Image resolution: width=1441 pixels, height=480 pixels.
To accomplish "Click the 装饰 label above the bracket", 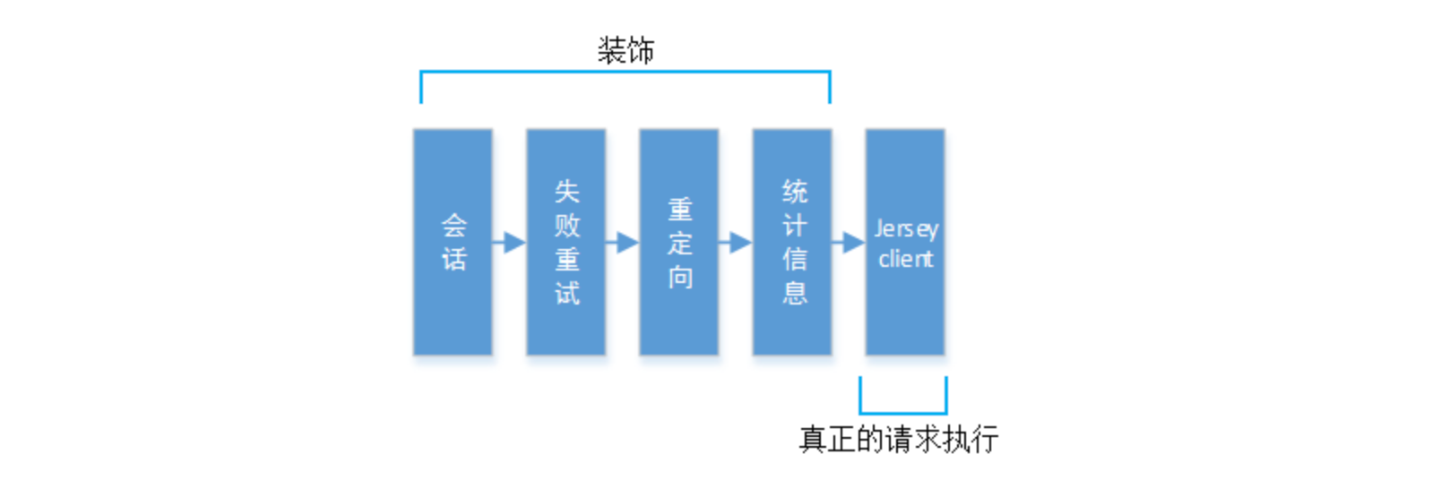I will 626,50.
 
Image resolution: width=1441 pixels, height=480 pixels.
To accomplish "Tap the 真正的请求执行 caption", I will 898,440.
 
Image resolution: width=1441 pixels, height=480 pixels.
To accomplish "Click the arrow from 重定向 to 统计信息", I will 736,242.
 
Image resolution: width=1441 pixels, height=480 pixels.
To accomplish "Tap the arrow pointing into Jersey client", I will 849,242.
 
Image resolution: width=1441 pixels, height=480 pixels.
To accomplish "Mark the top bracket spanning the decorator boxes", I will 626,73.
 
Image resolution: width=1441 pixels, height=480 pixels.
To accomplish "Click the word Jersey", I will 906,229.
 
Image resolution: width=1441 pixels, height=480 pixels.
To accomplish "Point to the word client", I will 906,259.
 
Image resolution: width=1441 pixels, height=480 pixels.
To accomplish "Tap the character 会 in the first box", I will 453,224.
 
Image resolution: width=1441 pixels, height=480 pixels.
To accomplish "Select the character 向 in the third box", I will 679,278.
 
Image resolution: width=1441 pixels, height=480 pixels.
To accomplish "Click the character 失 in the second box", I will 566,191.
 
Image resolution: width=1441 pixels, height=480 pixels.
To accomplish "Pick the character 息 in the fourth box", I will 794,293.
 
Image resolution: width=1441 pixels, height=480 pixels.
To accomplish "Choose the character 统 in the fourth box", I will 794,191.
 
